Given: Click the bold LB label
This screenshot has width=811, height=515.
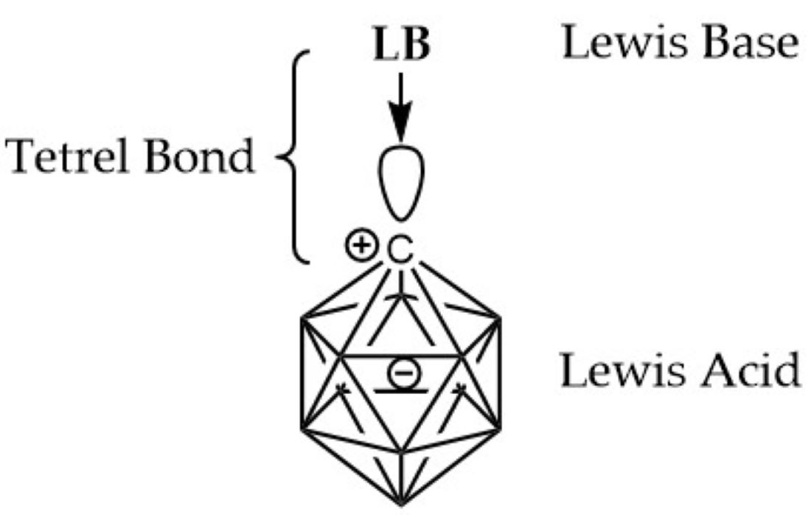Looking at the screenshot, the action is click(401, 45).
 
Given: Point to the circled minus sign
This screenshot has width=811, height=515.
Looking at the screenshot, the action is click(400, 373).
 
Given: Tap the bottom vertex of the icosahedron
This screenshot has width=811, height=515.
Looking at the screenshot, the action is click(400, 504).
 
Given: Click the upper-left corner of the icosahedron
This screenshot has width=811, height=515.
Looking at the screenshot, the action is click(301, 319).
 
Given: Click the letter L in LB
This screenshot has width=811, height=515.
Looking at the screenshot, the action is click(386, 45).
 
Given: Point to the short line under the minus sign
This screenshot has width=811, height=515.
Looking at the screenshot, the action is click(400, 389).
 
